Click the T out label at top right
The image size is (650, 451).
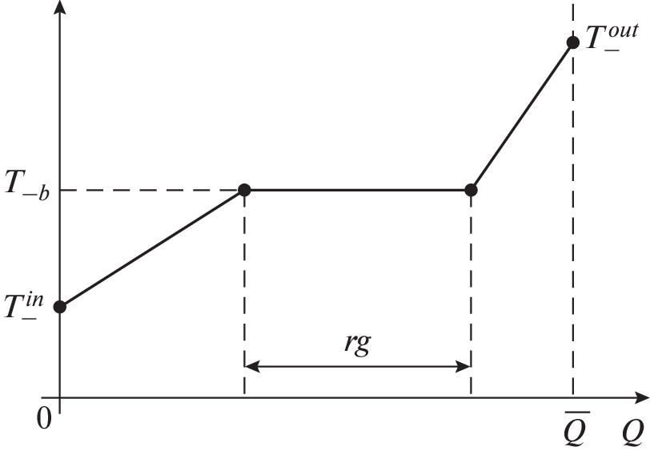[612, 37]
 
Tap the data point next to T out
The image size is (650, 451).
[573, 42]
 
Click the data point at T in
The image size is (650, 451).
[60, 307]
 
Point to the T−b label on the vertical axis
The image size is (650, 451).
[27, 186]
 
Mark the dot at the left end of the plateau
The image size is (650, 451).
[245, 190]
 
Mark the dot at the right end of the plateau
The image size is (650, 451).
[471, 190]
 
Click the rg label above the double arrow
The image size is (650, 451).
[358, 344]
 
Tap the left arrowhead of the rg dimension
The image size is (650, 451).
[251, 366]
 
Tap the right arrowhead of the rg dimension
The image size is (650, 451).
[463, 366]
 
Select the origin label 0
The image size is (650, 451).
[44, 418]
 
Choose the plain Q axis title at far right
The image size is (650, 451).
[632, 432]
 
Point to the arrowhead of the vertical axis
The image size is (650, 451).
[60, 7]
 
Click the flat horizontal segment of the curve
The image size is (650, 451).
[358, 190]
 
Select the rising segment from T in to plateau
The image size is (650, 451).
[152, 248]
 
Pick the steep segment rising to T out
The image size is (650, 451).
[522, 116]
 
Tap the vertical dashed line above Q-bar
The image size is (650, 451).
[573, 199]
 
